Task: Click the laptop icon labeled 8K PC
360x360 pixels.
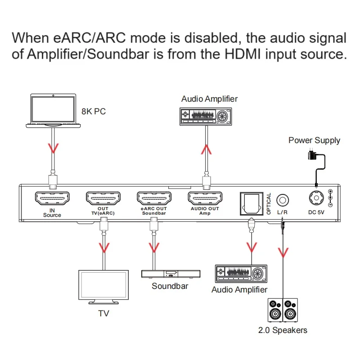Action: click(x=53, y=110)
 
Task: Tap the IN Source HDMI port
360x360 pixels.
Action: click(x=52, y=198)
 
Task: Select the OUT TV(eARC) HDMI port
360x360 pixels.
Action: click(x=103, y=198)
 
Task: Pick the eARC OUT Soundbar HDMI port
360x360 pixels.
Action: click(x=154, y=198)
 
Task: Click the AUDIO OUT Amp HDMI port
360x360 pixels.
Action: click(x=205, y=198)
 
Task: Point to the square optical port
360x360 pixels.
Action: click(x=252, y=204)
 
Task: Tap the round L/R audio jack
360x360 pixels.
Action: click(x=283, y=200)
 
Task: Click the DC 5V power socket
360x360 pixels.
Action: click(x=316, y=198)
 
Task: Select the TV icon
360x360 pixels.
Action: click(x=103, y=287)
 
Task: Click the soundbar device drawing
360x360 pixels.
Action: click(x=171, y=274)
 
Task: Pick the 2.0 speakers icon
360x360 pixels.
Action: click(x=283, y=310)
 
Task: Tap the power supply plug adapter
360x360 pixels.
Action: click(x=312, y=155)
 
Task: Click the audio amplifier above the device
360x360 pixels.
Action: click(x=206, y=117)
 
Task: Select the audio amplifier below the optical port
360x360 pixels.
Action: click(x=241, y=274)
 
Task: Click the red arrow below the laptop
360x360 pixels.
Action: click(x=53, y=148)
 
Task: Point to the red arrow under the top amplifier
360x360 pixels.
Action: click(x=206, y=149)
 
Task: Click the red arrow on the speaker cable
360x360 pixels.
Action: click(x=283, y=252)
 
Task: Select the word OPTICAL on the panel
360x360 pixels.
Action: click(x=269, y=204)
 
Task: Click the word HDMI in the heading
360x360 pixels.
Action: click(x=243, y=54)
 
